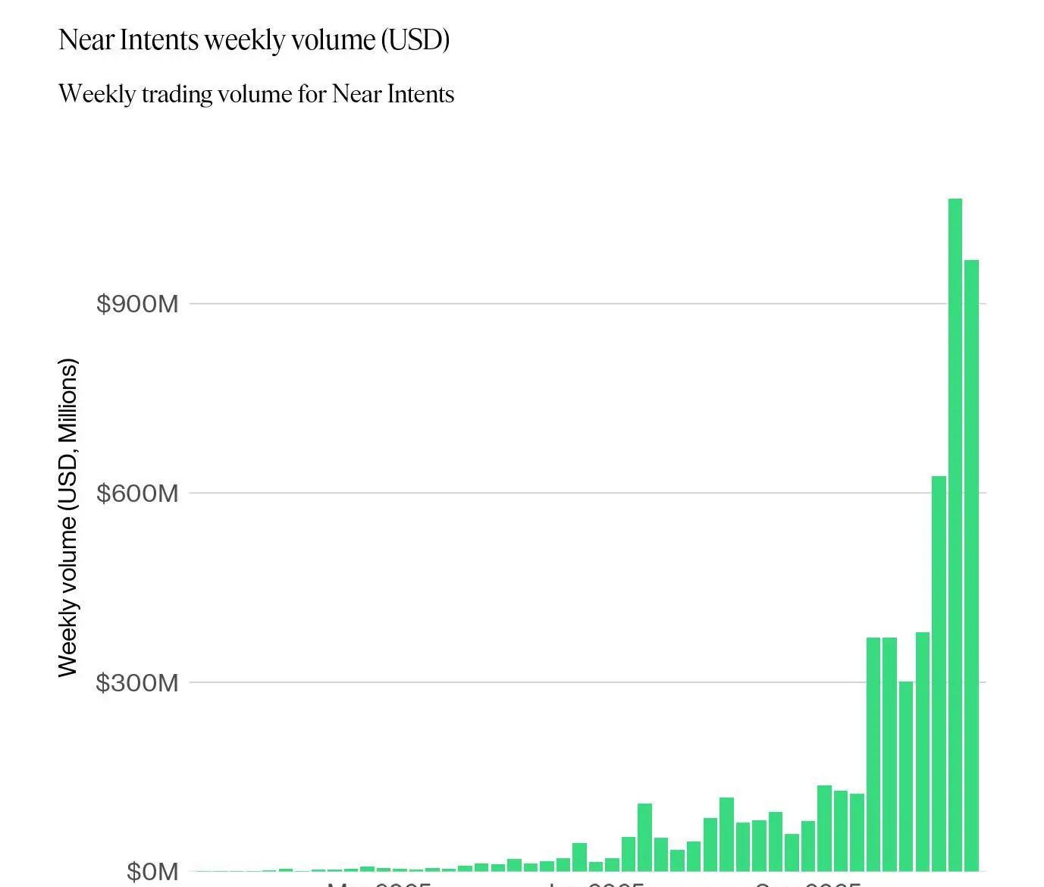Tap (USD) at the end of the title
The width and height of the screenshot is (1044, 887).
tap(415, 40)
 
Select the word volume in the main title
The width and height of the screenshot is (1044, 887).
tap(339, 40)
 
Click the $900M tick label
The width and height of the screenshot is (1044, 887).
tap(137, 304)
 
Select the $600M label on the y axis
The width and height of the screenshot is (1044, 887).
tap(137, 494)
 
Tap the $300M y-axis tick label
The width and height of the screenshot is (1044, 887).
tap(137, 682)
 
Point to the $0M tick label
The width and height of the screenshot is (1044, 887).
tap(152, 871)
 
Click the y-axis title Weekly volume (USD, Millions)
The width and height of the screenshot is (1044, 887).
tap(67, 518)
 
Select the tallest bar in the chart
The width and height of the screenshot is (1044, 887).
tap(955, 534)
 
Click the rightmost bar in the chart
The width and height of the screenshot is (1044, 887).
tap(971, 565)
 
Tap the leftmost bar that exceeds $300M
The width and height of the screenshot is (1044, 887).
tap(873, 754)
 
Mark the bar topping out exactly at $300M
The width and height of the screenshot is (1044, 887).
tap(906, 776)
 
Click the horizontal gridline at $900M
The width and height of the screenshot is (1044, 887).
tap(561, 303)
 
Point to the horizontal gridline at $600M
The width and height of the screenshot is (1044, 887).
tap(561, 493)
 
